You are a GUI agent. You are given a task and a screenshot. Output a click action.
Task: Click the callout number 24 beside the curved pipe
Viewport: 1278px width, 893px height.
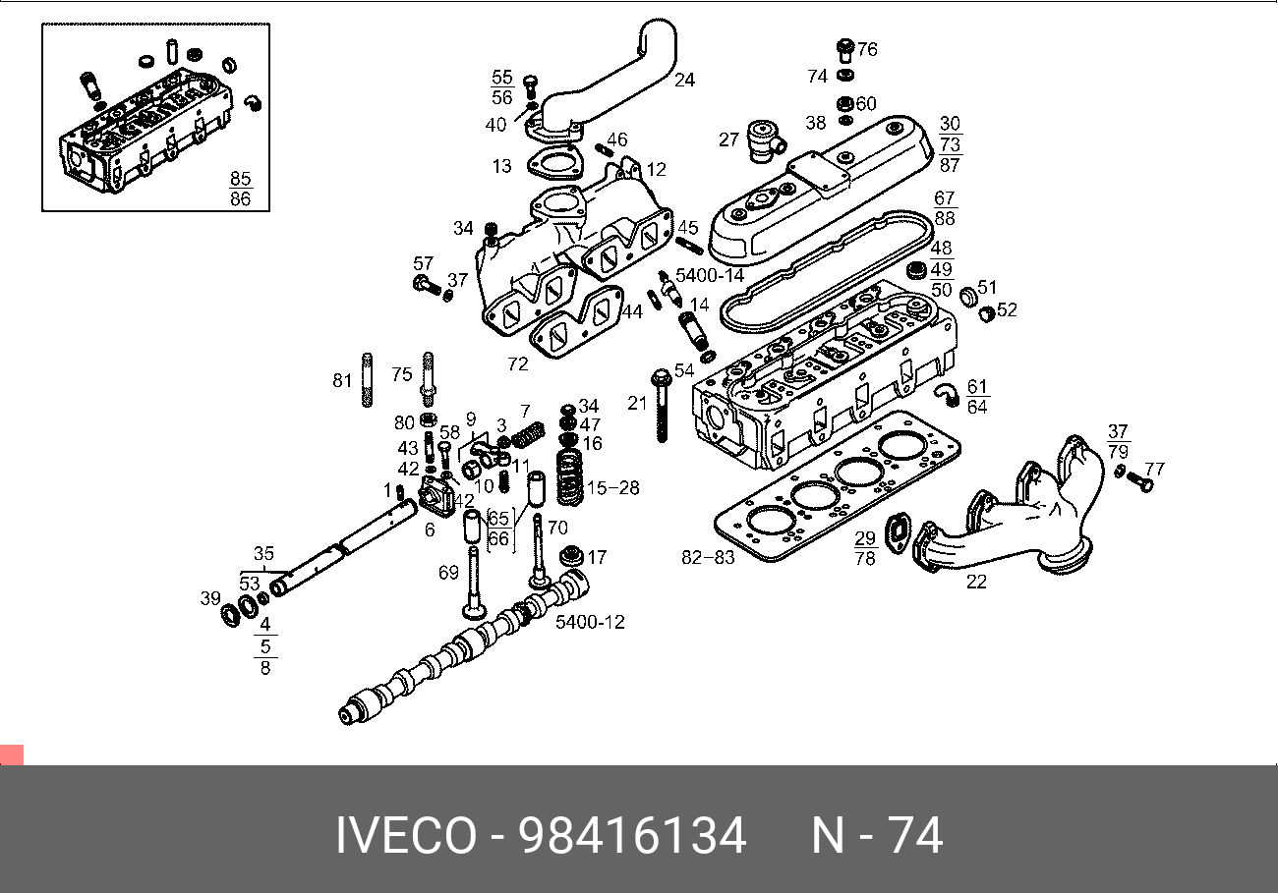(684, 80)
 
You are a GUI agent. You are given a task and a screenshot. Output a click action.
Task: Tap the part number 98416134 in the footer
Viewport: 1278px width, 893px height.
(632, 837)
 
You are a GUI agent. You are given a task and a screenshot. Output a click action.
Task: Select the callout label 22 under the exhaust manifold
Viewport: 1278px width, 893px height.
(975, 582)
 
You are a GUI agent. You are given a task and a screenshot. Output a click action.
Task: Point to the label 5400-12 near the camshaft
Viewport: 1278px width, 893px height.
(590, 622)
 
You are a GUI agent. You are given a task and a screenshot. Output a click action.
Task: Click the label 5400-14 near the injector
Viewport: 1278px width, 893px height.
(711, 276)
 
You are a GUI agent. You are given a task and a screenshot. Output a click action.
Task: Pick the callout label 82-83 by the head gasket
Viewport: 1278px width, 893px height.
(708, 558)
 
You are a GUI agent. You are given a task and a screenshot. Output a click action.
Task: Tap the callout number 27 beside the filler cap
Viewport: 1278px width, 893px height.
(727, 140)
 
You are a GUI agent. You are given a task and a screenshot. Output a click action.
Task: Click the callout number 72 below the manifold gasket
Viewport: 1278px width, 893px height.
(518, 364)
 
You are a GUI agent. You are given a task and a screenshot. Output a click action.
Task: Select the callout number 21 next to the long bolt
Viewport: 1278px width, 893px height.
(637, 403)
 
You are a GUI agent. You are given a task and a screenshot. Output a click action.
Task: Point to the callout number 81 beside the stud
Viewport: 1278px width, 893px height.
(342, 380)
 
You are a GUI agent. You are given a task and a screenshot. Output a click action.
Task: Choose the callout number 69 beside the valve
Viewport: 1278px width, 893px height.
(448, 572)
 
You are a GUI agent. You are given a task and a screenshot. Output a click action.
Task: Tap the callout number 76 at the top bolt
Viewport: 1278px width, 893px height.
(866, 49)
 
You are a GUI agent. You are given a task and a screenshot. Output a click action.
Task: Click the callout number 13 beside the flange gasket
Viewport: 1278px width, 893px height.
(502, 166)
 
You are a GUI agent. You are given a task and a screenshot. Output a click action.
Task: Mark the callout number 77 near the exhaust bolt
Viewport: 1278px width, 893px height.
(1154, 469)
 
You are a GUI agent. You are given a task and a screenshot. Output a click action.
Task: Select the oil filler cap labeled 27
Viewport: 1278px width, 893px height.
(762, 140)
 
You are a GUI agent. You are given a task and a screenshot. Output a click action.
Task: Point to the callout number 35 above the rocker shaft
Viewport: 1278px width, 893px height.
(263, 553)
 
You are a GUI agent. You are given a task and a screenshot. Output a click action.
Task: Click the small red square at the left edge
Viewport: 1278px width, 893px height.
(11, 755)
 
